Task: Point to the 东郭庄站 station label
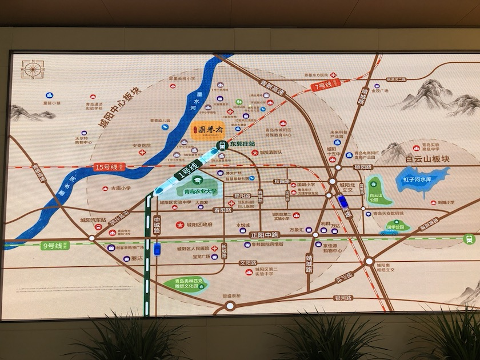coord(244,145)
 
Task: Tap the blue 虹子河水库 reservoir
coord(422,180)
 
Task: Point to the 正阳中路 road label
coord(263,235)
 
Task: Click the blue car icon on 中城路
coord(156,250)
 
